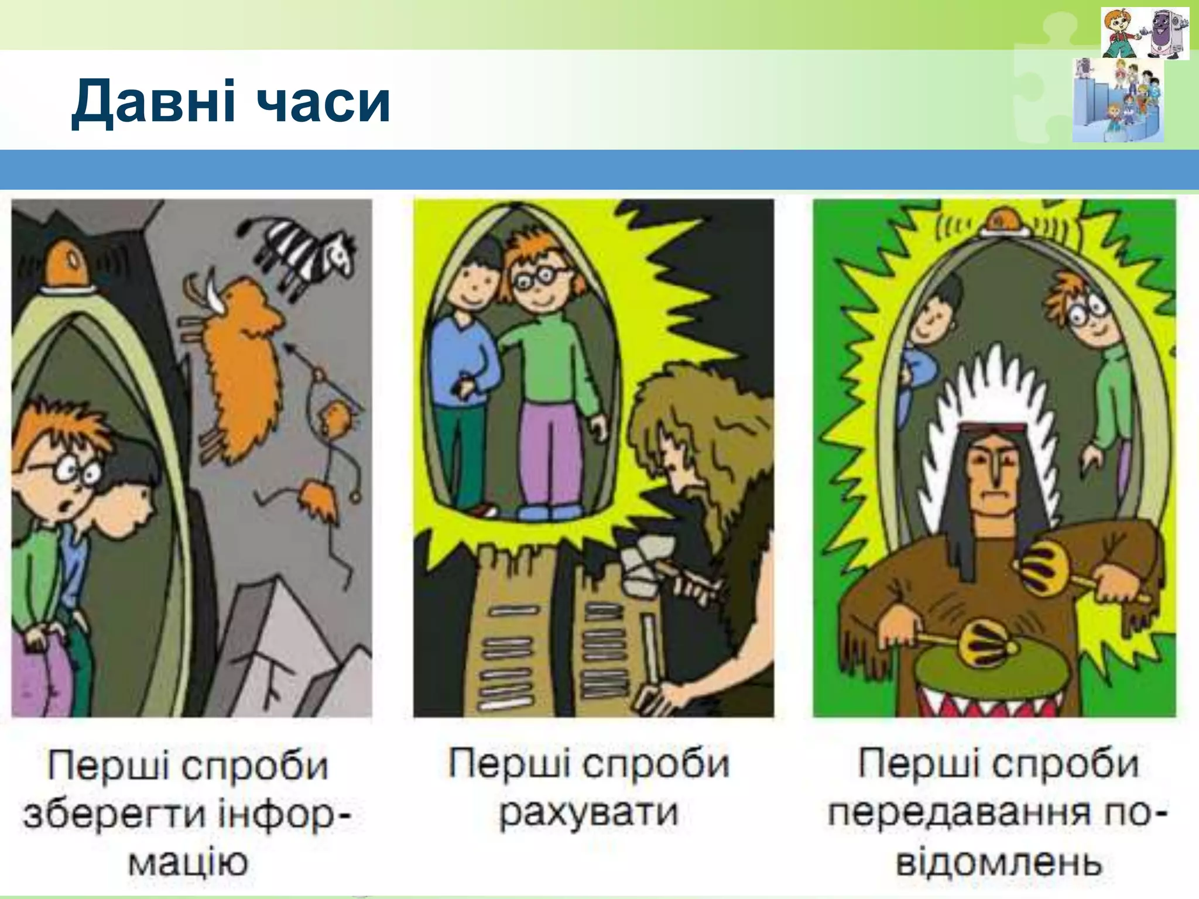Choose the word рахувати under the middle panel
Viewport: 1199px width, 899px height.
[x=588, y=812]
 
